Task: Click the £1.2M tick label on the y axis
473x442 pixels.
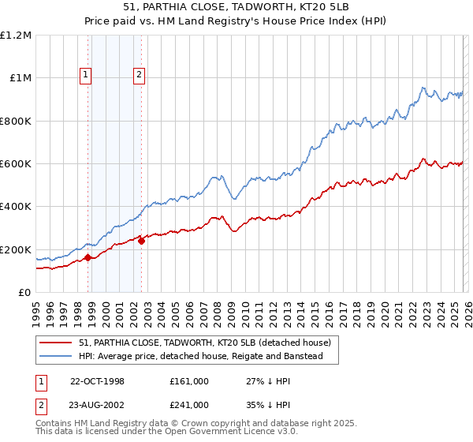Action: pyautogui.click(x=16, y=36)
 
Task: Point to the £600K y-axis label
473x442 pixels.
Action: pyautogui.click(x=16, y=164)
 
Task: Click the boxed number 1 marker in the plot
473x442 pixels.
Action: pyautogui.click(x=86, y=75)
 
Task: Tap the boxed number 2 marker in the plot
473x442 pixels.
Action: pyautogui.click(x=139, y=75)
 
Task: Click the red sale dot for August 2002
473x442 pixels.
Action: pyautogui.click(x=141, y=241)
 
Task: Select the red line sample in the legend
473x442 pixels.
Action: pyautogui.click(x=56, y=343)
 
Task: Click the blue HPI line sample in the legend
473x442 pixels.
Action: pyautogui.click(x=56, y=357)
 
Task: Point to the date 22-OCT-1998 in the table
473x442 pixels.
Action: pyautogui.click(x=97, y=381)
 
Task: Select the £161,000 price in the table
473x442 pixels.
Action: pyautogui.click(x=188, y=381)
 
